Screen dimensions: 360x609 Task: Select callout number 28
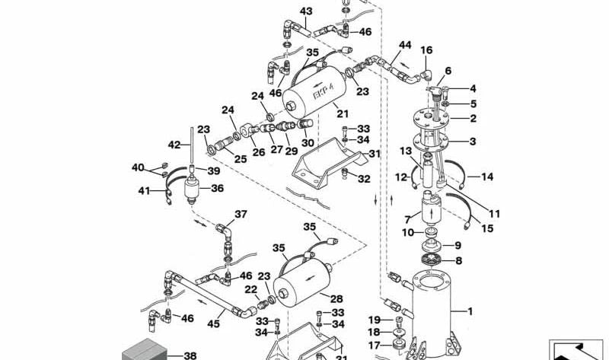336,298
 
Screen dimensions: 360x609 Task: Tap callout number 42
174,144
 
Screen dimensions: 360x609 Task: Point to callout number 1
470,311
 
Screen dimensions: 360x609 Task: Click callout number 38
190,355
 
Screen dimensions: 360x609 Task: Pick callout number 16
426,50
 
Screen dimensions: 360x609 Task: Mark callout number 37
241,214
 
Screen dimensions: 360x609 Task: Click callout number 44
404,45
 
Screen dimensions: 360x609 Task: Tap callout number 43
306,11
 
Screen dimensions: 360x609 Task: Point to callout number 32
364,179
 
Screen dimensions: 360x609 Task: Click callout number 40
138,167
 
